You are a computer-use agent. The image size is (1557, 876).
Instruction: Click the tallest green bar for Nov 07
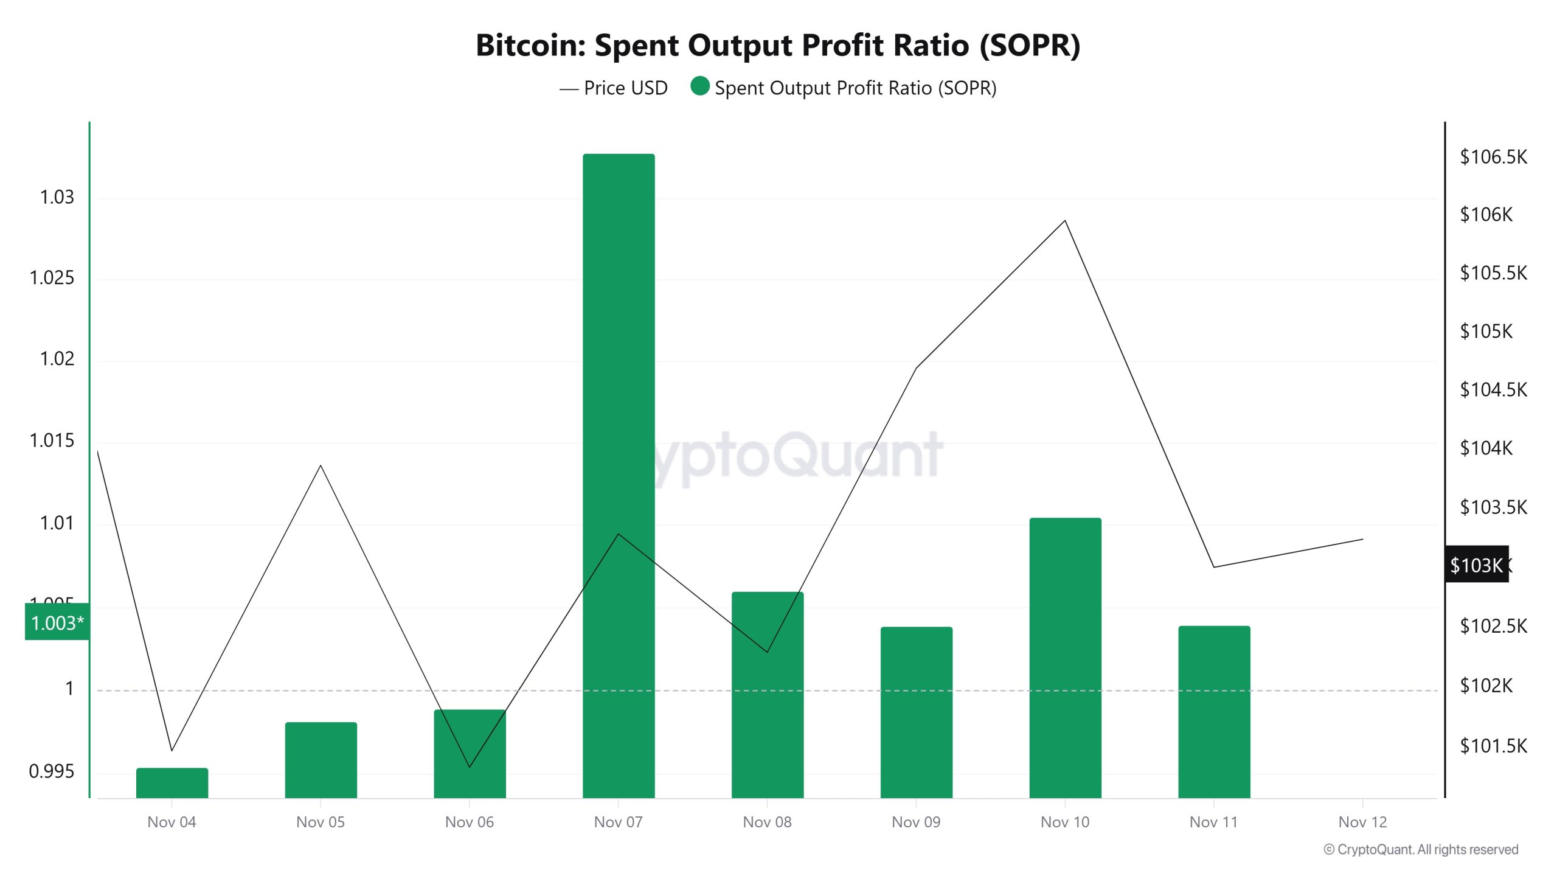pos(619,474)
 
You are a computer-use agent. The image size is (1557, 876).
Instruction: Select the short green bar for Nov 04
pos(172,783)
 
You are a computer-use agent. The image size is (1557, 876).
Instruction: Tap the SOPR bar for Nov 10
pos(1065,657)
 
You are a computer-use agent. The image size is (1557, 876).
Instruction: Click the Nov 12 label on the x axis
pos(1362,822)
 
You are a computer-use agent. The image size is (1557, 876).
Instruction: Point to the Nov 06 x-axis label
pos(469,822)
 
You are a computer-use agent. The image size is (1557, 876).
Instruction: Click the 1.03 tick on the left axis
pos(57,197)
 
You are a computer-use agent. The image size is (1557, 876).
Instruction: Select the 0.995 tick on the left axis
pos(52,771)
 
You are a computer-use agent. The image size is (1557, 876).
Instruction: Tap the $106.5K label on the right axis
pos(1493,157)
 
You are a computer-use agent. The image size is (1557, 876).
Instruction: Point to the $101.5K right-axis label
pos(1493,746)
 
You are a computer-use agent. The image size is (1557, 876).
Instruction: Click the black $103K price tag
pos(1476,565)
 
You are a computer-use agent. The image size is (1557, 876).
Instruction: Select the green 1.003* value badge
pos(57,622)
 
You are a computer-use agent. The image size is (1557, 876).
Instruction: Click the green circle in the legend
pos(700,86)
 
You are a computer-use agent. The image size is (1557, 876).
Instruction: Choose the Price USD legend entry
pos(614,88)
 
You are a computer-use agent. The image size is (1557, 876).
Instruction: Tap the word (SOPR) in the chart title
pos(1030,45)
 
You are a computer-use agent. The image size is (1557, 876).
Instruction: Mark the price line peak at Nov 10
pos(1065,221)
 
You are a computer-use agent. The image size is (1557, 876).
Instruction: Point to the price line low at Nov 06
pos(470,766)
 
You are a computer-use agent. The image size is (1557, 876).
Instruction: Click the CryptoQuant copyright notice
pos(1421,849)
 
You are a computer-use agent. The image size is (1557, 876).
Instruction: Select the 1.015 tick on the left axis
pos(52,440)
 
